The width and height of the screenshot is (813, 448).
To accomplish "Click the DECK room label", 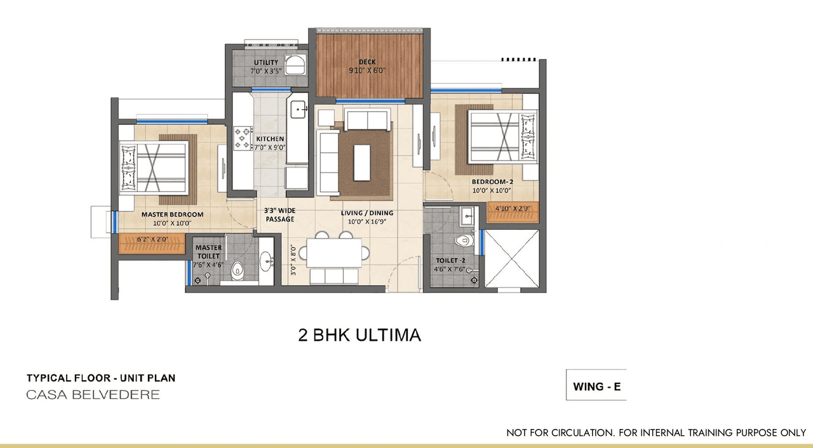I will pyautogui.click(x=367, y=62).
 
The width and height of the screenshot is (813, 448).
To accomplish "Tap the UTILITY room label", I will pyautogui.click(x=265, y=62).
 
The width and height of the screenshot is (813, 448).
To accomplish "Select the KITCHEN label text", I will pyautogui.click(x=270, y=139).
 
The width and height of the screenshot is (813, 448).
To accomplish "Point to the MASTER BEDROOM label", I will pyautogui.click(x=172, y=214).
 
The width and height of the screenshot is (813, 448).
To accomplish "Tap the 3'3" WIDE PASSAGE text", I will pyautogui.click(x=279, y=214).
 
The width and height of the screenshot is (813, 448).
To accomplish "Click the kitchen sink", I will pyautogui.click(x=299, y=110).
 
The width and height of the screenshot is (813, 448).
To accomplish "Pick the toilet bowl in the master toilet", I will pyautogui.click(x=238, y=269).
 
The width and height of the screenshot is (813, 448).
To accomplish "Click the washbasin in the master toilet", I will pyautogui.click(x=265, y=260).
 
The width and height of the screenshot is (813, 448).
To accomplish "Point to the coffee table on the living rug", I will pyautogui.click(x=362, y=162).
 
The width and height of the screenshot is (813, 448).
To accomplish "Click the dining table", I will pyautogui.click(x=334, y=253).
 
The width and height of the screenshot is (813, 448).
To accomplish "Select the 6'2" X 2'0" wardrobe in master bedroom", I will pyautogui.click(x=152, y=240).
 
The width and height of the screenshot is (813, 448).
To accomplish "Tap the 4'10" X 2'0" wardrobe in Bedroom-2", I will pyautogui.click(x=512, y=208).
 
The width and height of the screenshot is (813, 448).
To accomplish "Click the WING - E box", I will pyautogui.click(x=596, y=386).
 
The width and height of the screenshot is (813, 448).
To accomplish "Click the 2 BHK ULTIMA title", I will pyautogui.click(x=359, y=335).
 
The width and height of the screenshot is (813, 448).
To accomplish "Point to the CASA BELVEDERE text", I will pyautogui.click(x=93, y=395).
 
